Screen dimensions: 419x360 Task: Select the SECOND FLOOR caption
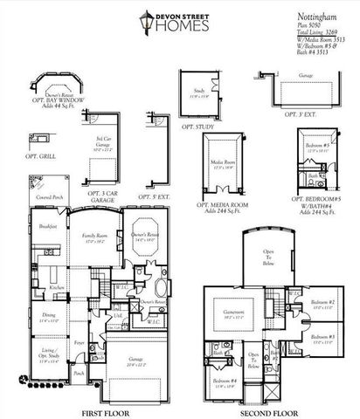click(x=267, y=410)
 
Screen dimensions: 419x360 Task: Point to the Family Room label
click(x=94, y=237)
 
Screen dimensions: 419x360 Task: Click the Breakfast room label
click(x=48, y=225)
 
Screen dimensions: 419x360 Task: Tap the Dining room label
click(x=48, y=317)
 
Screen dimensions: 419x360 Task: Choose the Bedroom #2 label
click(x=322, y=305)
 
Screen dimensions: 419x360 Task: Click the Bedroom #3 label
click(x=323, y=340)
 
